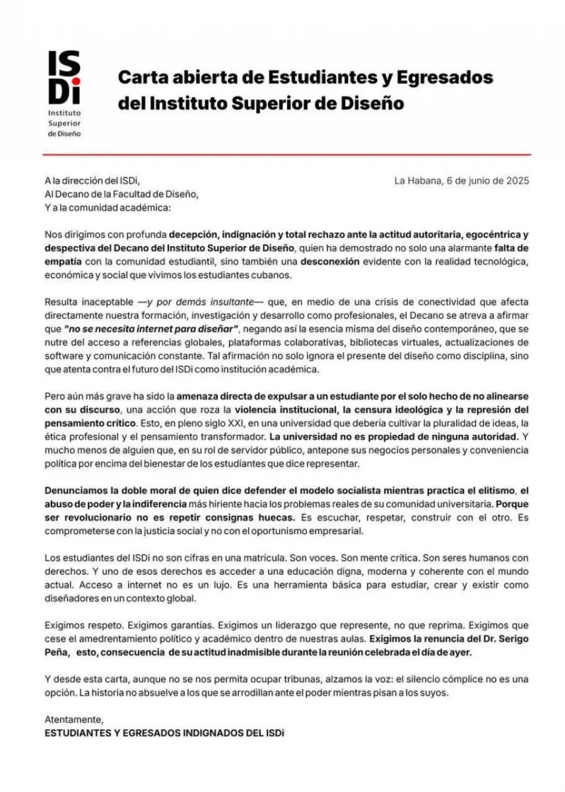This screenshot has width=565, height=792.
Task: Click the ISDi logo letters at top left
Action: click(x=64, y=77)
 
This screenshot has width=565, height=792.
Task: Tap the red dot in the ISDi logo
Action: click(x=76, y=81)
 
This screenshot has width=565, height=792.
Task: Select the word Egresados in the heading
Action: click(x=444, y=77)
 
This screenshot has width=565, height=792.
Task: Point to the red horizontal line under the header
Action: click(x=287, y=154)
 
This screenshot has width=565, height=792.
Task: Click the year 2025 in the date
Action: click(x=517, y=181)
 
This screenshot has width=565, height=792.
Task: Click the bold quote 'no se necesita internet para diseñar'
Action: click(x=151, y=329)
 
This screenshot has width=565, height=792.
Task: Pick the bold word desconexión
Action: click(x=330, y=261)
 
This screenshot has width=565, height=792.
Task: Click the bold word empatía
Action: click(x=63, y=261)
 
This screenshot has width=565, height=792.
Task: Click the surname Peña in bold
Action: click(x=56, y=652)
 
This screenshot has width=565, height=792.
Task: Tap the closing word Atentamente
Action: click(x=74, y=719)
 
